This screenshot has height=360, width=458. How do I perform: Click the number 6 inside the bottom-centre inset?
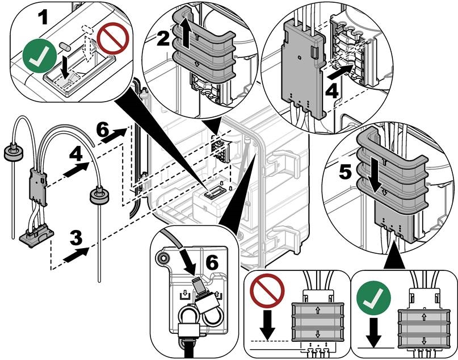point(212,262)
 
